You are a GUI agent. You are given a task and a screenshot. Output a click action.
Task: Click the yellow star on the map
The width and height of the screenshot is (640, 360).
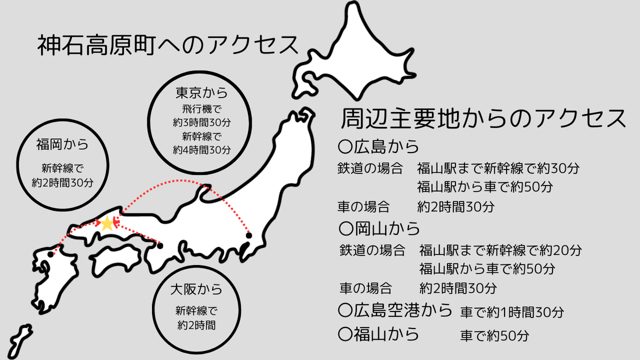108,223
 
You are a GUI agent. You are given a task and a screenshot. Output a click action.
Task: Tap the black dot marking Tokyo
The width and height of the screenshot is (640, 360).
249,236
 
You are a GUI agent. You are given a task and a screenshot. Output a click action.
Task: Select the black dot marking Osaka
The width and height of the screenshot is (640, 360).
160,246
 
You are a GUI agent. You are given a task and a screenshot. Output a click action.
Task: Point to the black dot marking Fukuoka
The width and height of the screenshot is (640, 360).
51,254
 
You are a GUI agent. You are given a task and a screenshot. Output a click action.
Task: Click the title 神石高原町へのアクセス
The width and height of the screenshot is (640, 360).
167,46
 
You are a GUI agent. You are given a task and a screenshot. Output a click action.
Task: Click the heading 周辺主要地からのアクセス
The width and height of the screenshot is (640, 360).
483,118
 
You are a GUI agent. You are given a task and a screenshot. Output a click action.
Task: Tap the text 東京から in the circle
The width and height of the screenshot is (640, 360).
202,93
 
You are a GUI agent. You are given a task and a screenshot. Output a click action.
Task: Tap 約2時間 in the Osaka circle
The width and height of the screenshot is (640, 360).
196,324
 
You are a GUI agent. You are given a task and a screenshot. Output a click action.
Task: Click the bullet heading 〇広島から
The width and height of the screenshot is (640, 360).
379,146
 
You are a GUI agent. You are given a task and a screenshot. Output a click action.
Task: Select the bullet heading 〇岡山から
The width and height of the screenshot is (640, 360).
379,229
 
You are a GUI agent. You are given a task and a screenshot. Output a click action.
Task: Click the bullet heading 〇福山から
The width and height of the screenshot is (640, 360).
379,334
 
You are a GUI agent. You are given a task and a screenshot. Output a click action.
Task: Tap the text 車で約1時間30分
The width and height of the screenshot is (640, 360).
511,312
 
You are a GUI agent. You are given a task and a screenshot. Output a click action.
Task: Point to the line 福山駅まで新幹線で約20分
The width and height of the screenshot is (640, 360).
500,250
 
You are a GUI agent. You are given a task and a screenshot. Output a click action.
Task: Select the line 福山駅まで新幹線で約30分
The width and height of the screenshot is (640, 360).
498,169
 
